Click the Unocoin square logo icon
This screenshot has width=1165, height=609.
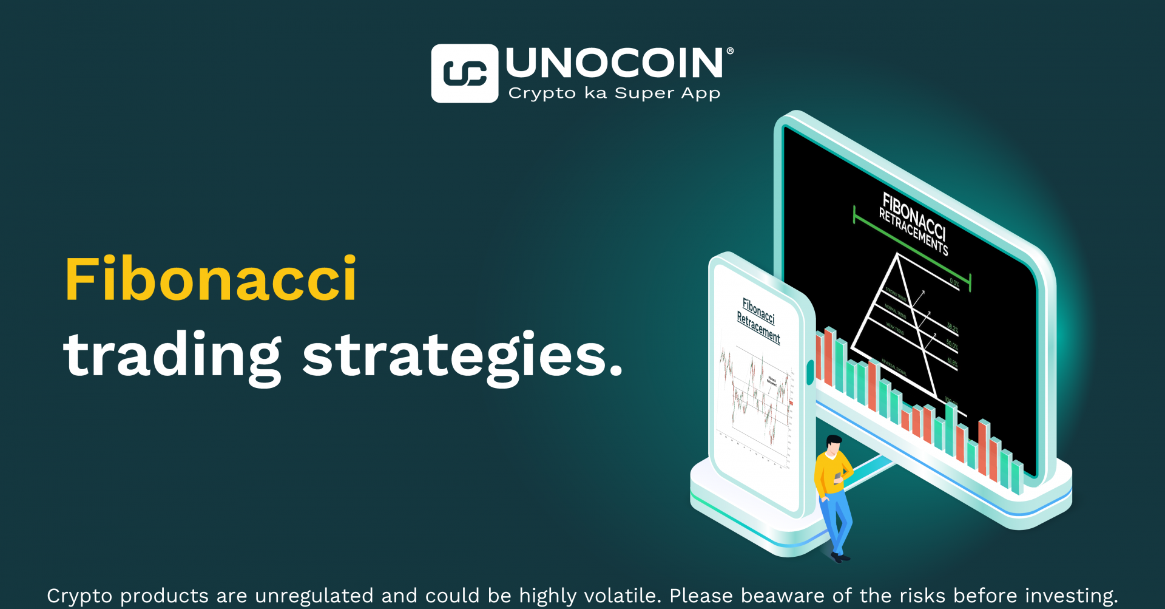tap(464, 73)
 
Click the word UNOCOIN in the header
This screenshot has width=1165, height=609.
tap(615, 63)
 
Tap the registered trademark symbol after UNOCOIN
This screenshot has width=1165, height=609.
tap(730, 52)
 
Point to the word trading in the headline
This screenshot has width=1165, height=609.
tap(172, 356)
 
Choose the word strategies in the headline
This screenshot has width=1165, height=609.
tap(462, 356)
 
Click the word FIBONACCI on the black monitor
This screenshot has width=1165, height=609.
tap(914, 216)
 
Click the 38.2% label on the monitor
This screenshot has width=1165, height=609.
tap(952, 328)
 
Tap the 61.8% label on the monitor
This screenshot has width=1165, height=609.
tap(952, 362)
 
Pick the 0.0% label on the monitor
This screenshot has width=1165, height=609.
tap(954, 282)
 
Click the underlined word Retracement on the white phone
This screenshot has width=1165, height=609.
tap(758, 327)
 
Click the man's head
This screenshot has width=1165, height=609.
tap(834, 444)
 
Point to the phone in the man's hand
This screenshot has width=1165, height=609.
tap(839, 477)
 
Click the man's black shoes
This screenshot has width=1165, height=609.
tap(840, 556)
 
